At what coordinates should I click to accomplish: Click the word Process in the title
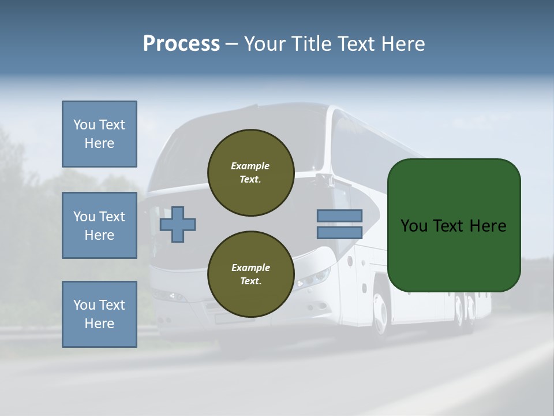click(x=181, y=44)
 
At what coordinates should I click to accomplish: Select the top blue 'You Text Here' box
click(x=99, y=134)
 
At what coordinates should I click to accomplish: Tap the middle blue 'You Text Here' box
click(x=99, y=225)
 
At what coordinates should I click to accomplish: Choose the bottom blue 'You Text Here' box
click(x=99, y=314)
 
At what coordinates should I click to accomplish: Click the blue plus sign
click(x=178, y=224)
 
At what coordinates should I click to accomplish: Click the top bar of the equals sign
click(x=339, y=216)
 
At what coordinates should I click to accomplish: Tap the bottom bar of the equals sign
click(x=339, y=232)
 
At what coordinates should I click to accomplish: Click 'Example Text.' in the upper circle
click(x=250, y=172)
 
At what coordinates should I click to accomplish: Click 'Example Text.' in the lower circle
click(x=250, y=274)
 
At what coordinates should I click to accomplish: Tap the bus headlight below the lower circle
click(x=312, y=280)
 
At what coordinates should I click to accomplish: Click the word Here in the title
click(x=404, y=44)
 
